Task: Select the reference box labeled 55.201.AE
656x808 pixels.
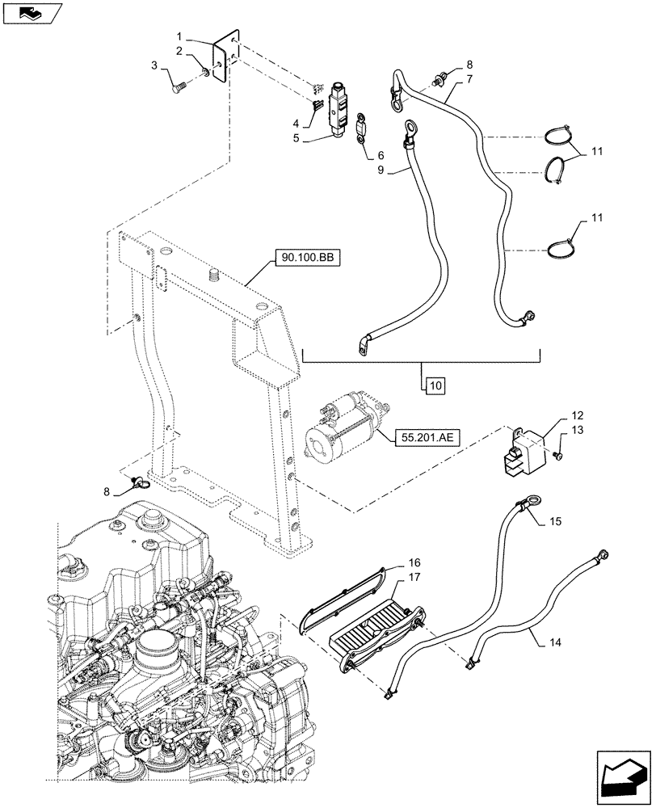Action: (427, 438)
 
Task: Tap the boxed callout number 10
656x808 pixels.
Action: (434, 385)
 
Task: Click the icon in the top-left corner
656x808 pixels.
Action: (32, 13)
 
